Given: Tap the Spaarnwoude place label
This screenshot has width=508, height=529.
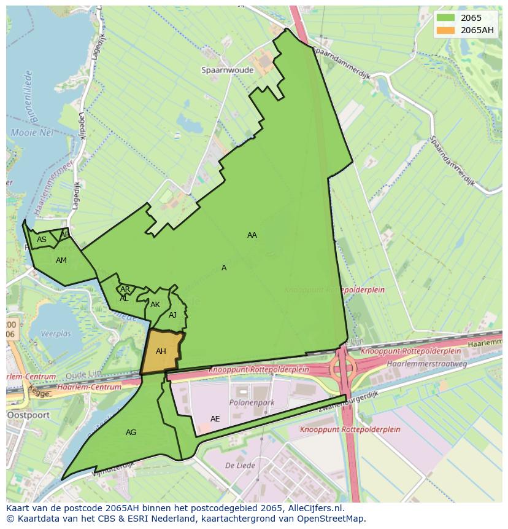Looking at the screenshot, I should click(227, 70).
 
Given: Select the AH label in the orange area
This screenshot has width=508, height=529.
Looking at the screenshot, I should click(161, 351).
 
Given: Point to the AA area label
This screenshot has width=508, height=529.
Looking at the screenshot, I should click(252, 235).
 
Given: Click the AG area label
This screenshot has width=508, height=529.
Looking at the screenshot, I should click(131, 433).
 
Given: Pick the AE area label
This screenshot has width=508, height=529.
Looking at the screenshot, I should click(215, 419).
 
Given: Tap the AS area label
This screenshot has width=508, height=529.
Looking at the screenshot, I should click(42, 240).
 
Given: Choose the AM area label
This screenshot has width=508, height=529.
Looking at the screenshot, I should click(61, 261).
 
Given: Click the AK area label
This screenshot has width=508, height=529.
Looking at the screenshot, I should click(155, 305).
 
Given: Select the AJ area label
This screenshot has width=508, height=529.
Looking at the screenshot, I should click(172, 315).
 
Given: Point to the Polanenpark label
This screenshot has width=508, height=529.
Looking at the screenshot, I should click(252, 402).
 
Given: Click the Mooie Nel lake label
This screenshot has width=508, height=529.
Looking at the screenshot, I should click(32, 133).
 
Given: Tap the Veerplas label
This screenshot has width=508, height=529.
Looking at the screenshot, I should click(56, 334).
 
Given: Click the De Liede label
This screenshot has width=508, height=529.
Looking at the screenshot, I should click(236, 465).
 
